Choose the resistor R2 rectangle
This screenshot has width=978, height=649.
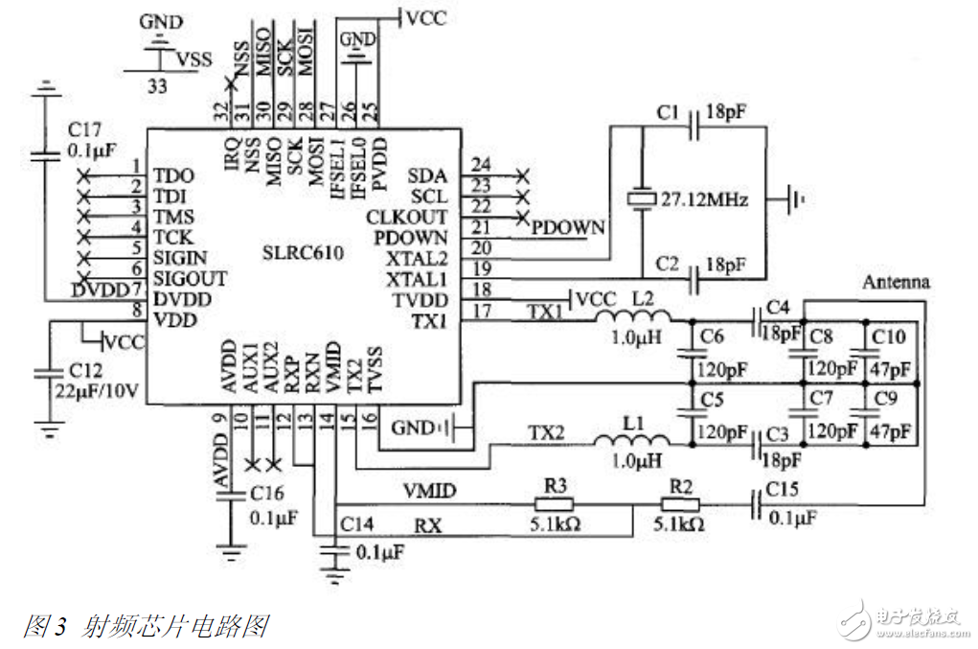pyautogui.click(x=681, y=504)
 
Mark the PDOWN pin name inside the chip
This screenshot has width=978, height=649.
pyautogui.click(x=411, y=237)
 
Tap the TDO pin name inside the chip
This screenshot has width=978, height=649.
pyautogui.click(x=173, y=176)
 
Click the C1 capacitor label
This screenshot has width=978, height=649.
pyautogui.click(x=668, y=114)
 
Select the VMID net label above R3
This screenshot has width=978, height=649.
pyautogui.click(x=427, y=491)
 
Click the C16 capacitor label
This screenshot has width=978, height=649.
pyautogui.click(x=268, y=493)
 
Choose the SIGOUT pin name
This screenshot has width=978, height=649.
pyautogui.click(x=191, y=279)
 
